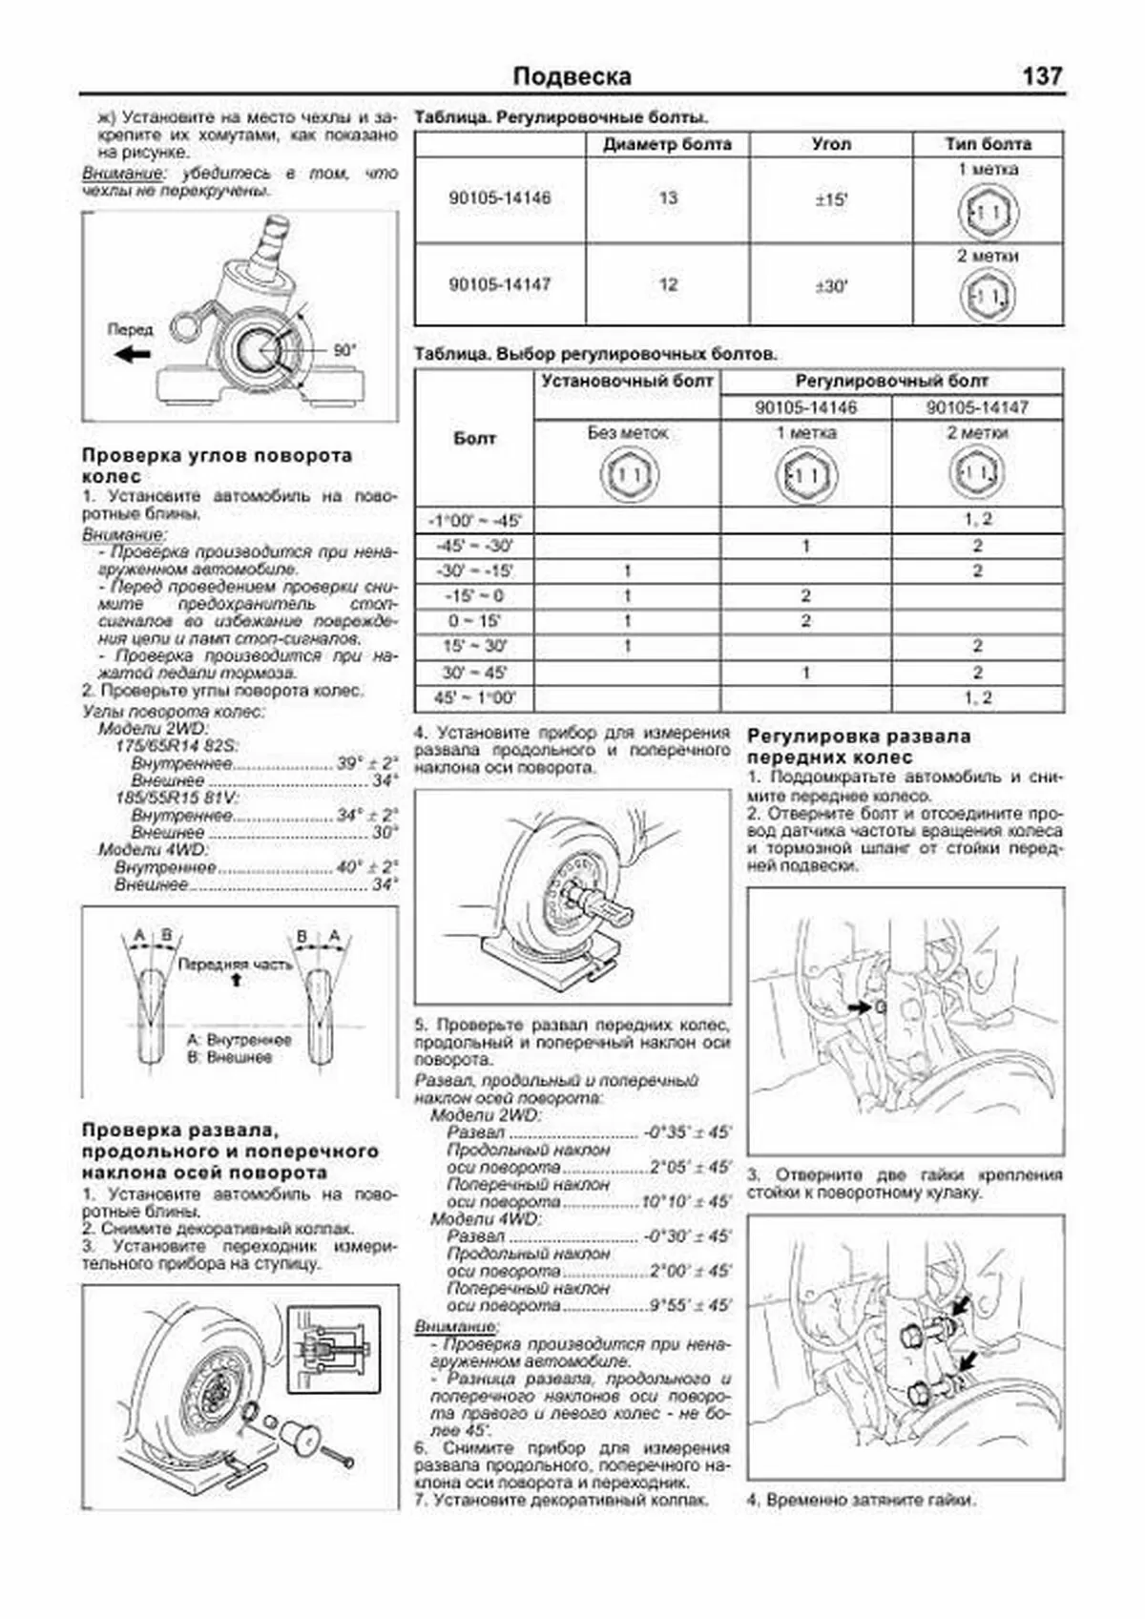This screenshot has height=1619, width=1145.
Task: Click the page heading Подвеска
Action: (572, 76)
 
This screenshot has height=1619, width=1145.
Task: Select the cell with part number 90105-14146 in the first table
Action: (499, 198)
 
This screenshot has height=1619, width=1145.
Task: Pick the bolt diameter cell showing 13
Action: (667, 198)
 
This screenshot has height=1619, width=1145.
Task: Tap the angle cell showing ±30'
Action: (831, 285)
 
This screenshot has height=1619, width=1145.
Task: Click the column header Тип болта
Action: (988, 144)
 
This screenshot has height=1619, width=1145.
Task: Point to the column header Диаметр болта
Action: (667, 144)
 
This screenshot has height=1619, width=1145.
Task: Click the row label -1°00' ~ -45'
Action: (474, 521)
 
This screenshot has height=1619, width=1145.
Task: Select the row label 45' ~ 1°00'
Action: (474, 698)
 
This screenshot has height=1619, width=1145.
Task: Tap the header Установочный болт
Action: (627, 381)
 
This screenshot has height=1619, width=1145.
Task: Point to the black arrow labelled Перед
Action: (131, 354)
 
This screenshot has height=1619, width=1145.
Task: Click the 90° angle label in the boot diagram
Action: (343, 350)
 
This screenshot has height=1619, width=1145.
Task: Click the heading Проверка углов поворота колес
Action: (217, 466)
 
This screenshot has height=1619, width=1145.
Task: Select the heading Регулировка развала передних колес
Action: (859, 746)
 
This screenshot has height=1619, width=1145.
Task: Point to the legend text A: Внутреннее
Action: (239, 1040)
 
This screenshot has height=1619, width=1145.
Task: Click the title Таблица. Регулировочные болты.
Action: (560, 117)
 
